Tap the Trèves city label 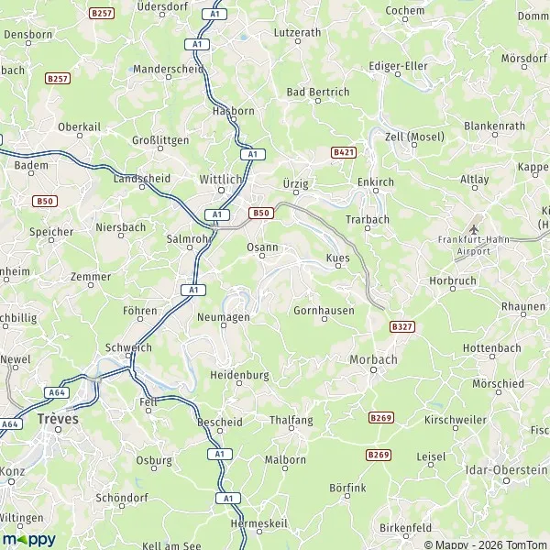coord(59,418)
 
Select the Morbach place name coord(373,359)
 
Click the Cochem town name coord(406,10)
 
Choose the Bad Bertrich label coord(318,93)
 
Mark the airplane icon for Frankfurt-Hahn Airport coord(473,228)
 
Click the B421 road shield coord(344,151)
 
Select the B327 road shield coord(401,325)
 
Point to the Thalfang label coord(291,421)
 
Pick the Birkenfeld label coord(405,529)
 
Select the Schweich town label coord(127,347)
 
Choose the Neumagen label coord(217,316)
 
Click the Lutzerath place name coord(298,32)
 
